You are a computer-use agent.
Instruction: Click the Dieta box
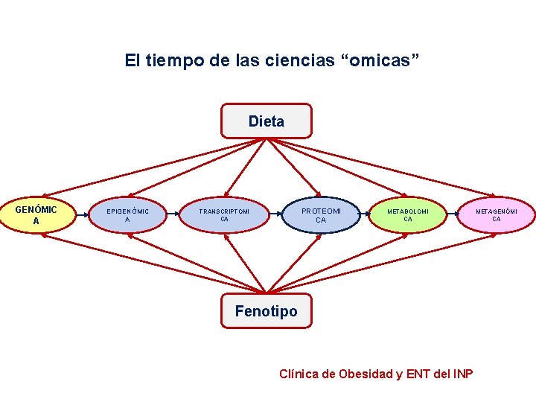pos(267,121)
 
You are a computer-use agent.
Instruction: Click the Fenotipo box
pos(266,311)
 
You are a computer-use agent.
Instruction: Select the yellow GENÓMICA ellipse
pos(36,214)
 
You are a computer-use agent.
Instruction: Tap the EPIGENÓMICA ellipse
pos(127,216)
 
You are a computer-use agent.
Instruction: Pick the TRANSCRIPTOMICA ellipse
pos(224,215)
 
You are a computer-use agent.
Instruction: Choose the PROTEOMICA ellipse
pos(321,215)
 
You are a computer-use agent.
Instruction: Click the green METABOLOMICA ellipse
pos(408,215)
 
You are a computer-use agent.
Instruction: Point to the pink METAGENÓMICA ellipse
pos(497,215)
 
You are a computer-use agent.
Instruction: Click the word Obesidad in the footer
pos(365,374)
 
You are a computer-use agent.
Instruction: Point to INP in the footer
pos(462,374)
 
